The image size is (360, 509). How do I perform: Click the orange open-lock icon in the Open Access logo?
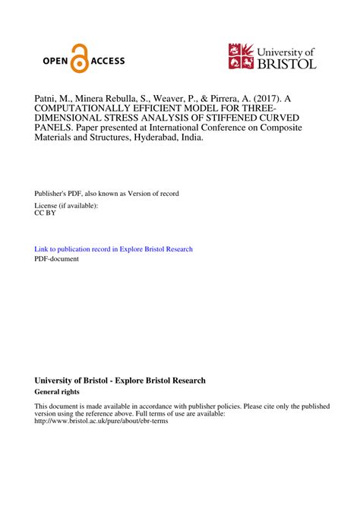point(79,62)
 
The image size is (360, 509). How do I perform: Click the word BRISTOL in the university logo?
point(286,64)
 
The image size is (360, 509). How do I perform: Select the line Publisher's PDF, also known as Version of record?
point(107,194)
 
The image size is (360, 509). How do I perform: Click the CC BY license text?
point(46,213)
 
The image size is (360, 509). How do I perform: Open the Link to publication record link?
point(114,249)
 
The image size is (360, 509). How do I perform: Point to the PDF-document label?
point(57,259)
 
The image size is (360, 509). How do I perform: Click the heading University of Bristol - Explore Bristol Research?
point(120,381)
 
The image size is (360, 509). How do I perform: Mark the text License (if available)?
point(67,205)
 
